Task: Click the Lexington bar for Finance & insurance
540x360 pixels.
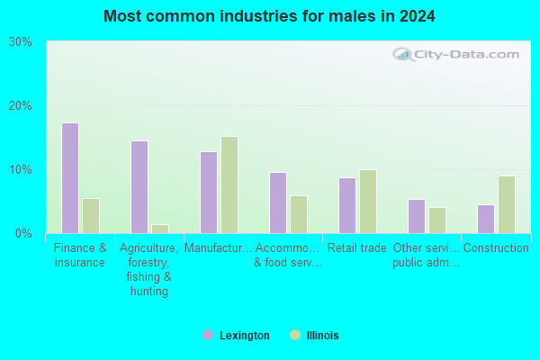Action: pos(70,178)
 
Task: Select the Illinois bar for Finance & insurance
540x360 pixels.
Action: pos(91,216)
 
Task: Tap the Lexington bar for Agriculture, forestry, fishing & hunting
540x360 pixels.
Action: pos(139,187)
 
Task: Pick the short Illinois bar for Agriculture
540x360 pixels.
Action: pos(160,229)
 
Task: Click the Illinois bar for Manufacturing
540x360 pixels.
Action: pos(229,185)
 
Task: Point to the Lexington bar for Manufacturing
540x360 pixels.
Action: pos(209,193)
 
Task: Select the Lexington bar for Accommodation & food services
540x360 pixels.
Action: pos(278,202)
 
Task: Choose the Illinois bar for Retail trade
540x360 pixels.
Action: pos(368,202)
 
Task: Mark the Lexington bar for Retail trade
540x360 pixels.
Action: pos(347,206)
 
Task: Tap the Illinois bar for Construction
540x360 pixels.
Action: pos(507,205)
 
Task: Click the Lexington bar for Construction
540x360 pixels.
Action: pos(486,219)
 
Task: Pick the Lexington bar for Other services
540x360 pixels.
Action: pos(417,216)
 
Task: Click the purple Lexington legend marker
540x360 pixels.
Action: pos(208,335)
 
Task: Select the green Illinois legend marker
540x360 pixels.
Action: pos(295,335)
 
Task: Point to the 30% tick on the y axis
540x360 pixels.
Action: pos(21,42)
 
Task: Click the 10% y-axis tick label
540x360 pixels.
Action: pos(21,169)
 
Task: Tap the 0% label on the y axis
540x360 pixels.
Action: pos(23,234)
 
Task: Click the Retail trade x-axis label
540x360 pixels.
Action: pos(356,247)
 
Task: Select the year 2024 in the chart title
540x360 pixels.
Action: pos(417,16)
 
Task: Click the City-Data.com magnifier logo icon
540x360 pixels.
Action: pos(402,54)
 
